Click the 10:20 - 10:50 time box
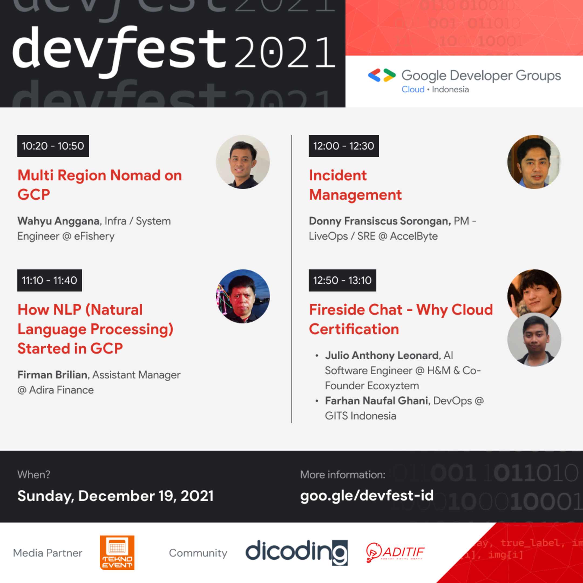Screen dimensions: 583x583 (53, 146)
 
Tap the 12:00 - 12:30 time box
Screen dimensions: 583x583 (343, 146)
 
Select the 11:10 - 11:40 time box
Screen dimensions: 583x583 (49, 280)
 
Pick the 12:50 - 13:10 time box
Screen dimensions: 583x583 (342, 280)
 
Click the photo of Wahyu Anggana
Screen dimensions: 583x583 (243, 162)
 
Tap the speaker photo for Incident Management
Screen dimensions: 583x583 (534, 162)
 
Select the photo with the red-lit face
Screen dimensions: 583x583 (243, 296)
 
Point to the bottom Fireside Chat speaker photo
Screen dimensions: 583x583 (534, 340)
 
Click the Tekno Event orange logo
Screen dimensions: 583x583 (117, 553)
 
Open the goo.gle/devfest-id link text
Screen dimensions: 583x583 (367, 496)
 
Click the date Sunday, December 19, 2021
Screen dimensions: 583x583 (115, 496)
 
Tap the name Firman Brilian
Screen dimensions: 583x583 (52, 375)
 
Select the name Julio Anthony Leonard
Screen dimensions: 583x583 (382, 355)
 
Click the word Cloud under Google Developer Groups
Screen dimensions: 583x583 (412, 90)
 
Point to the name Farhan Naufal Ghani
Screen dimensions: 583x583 (376, 401)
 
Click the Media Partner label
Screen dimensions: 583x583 (48, 553)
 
